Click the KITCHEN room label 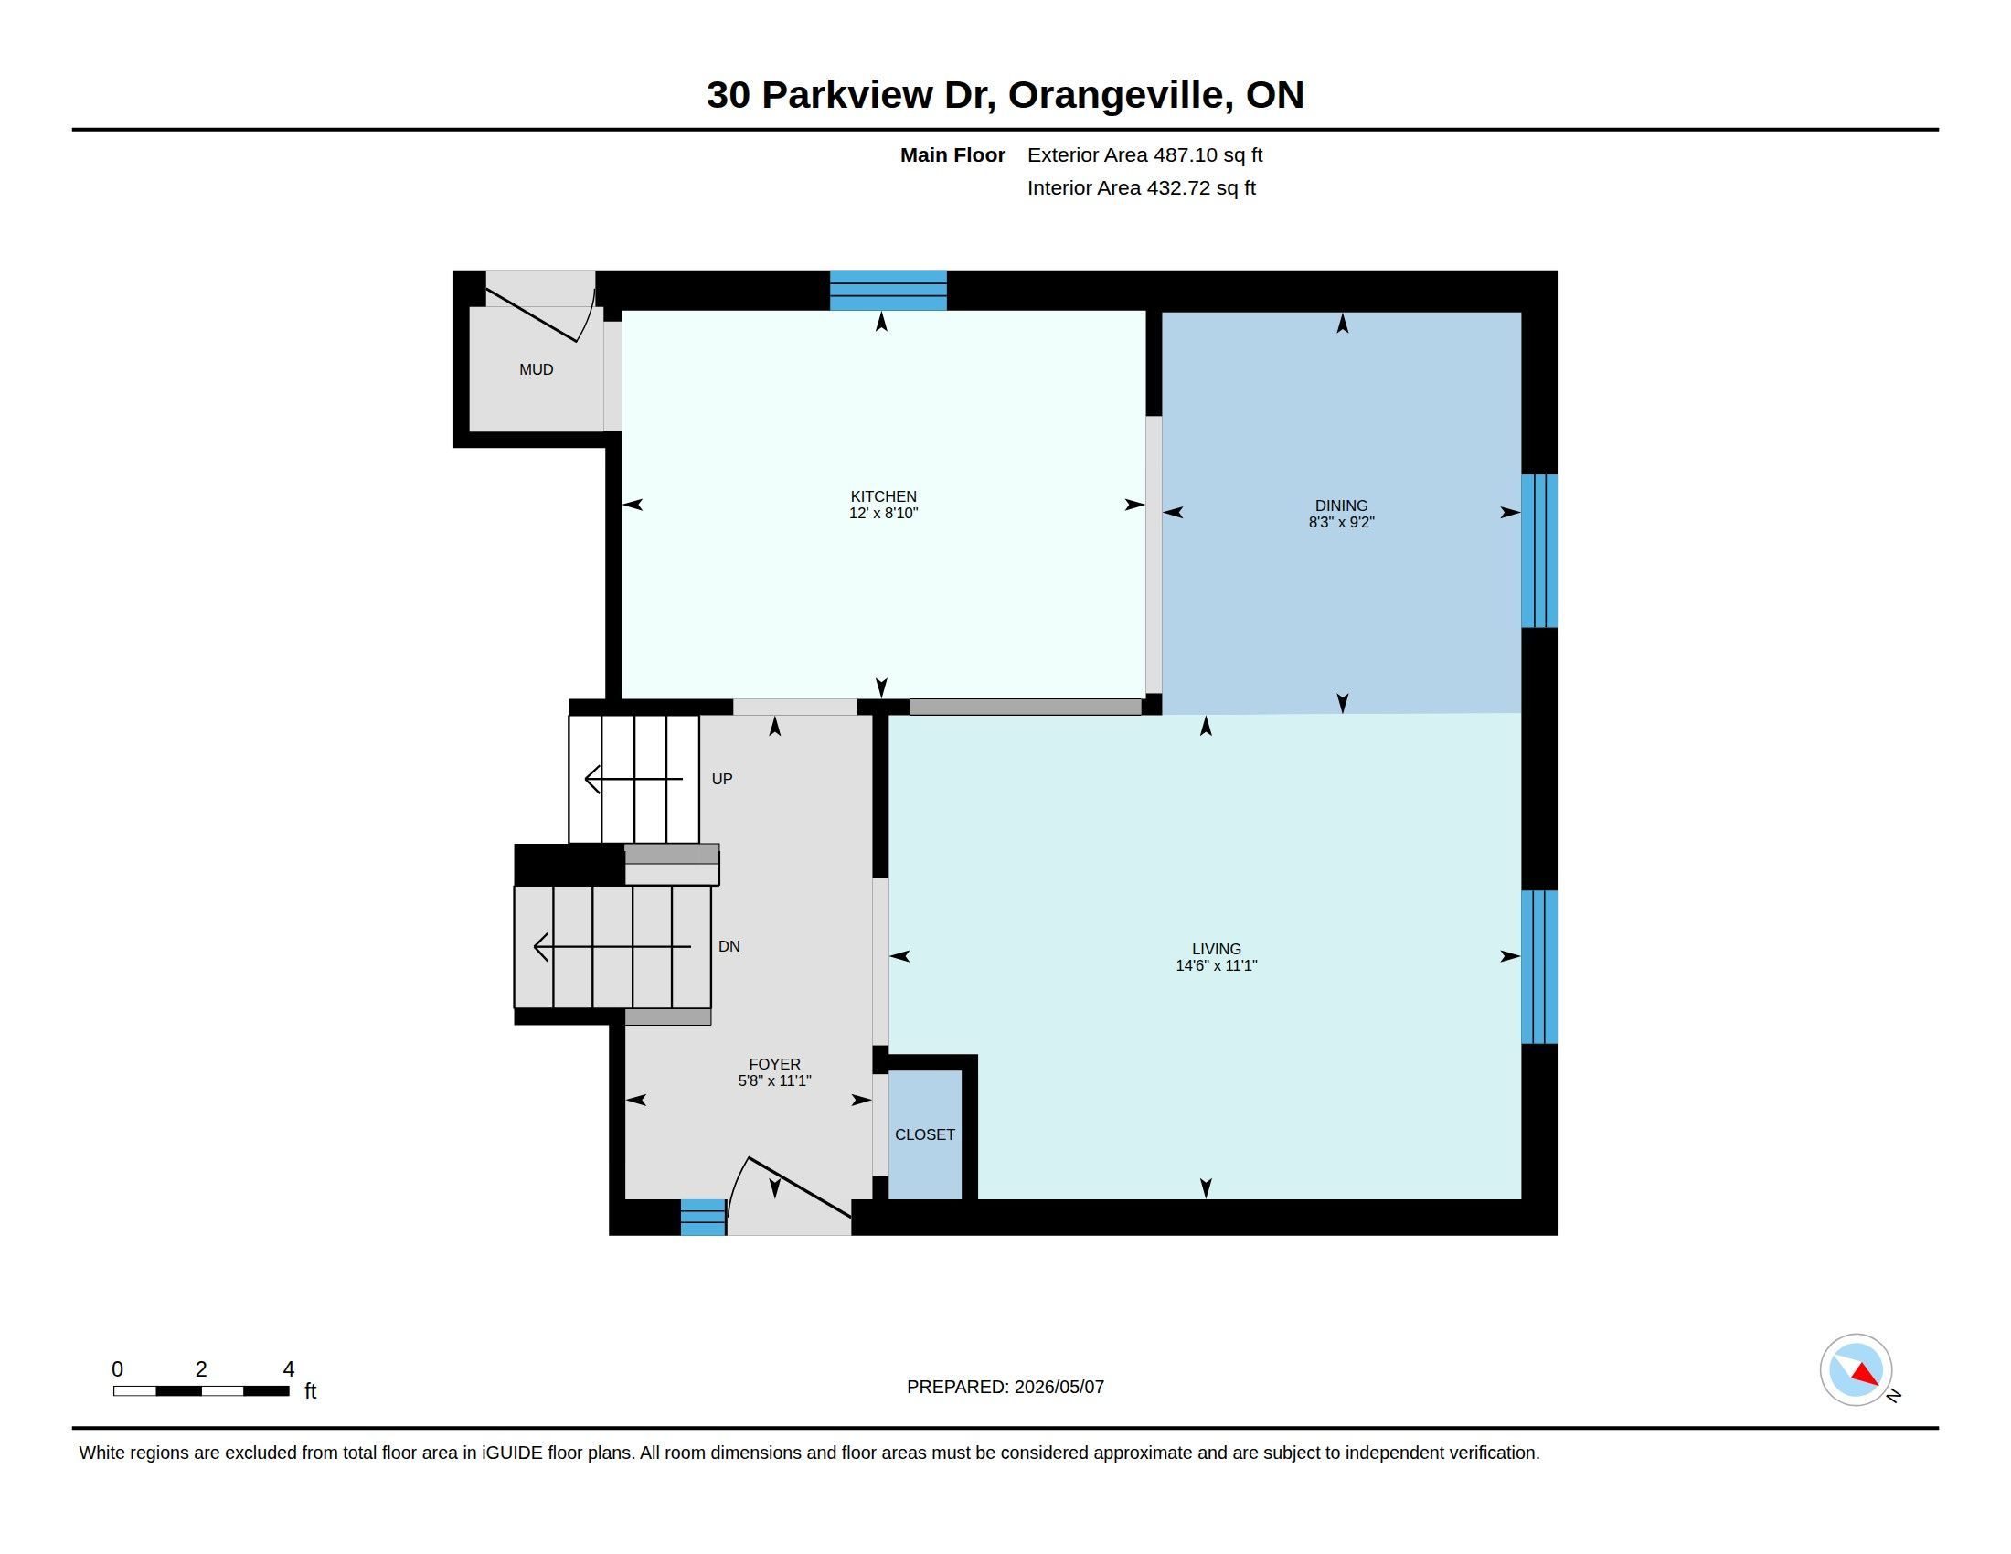[x=883, y=496]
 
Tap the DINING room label [x=1341, y=506]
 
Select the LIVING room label [x=1217, y=948]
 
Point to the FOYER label [x=774, y=1063]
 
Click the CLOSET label [x=924, y=1134]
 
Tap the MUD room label [x=536, y=369]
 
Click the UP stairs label [x=722, y=779]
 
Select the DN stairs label [x=729, y=946]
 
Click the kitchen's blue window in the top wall [x=888, y=290]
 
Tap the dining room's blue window [x=1538, y=550]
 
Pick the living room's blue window [x=1538, y=966]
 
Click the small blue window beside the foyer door [x=703, y=1217]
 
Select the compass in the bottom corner [x=1857, y=1370]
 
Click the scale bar [x=201, y=1391]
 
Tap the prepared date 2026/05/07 [x=1059, y=1387]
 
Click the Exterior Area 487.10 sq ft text [x=1144, y=154]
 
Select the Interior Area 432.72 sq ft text [x=1141, y=187]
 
